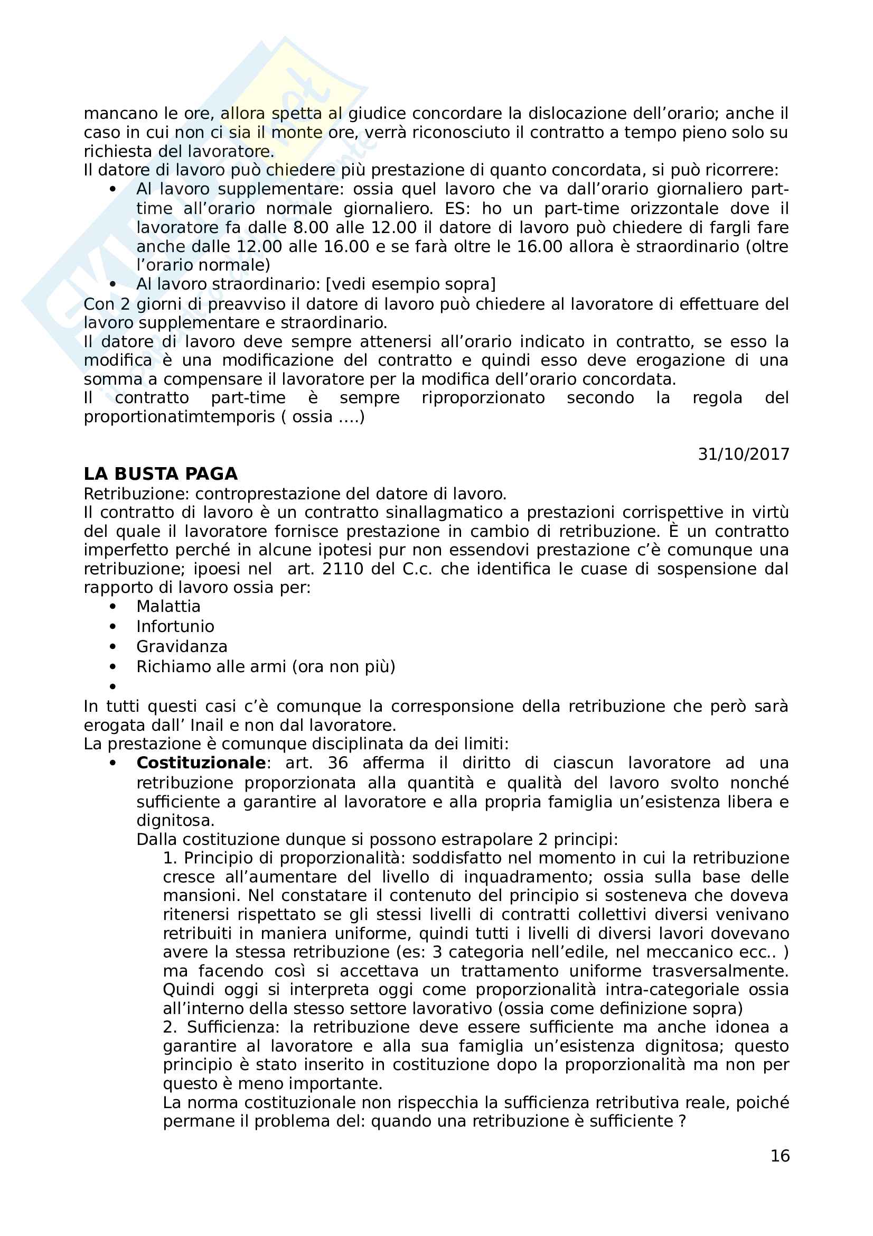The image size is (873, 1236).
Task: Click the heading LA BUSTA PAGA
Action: [x=161, y=473]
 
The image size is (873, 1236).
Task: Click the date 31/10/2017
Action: [x=744, y=454]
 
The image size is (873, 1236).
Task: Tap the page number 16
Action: [x=780, y=1156]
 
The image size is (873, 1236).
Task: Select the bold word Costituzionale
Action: [x=201, y=763]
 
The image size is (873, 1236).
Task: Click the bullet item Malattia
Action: [x=168, y=606]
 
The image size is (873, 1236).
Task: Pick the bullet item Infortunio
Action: [x=175, y=626]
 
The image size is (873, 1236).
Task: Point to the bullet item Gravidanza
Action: [x=182, y=646]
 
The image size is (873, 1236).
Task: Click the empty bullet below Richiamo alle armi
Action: [x=112, y=686]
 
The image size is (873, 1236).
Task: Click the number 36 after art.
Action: [x=337, y=763]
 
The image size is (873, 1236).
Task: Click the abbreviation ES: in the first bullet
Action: [x=457, y=208]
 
